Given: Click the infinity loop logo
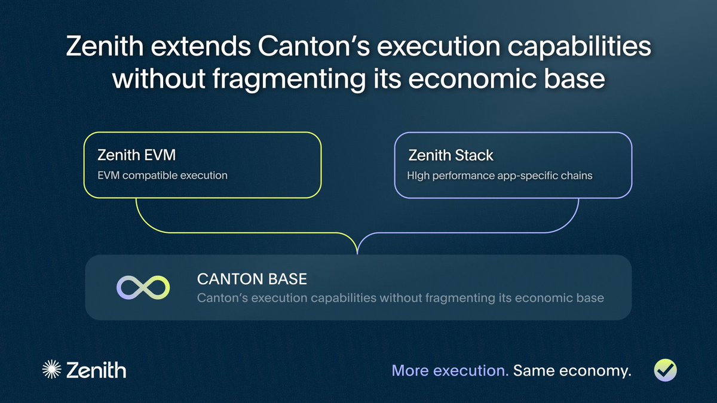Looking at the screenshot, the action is click(x=143, y=288).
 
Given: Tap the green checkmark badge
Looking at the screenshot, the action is click(x=665, y=370).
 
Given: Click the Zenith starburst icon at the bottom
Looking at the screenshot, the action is click(x=51, y=370).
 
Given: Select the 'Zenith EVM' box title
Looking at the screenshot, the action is click(x=137, y=155).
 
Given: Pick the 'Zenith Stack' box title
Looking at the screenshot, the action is click(x=451, y=155).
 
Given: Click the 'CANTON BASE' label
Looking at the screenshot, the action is click(x=252, y=279).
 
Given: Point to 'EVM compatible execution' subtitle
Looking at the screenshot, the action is click(x=163, y=176).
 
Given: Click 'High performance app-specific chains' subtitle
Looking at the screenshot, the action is click(x=500, y=176).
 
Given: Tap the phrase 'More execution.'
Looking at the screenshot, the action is click(x=450, y=371).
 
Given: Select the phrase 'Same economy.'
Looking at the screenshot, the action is click(x=572, y=371).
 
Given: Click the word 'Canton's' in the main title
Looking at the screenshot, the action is click(x=314, y=47).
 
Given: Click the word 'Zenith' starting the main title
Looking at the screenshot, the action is click(x=105, y=47).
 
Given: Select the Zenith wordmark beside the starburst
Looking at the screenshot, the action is click(x=96, y=370).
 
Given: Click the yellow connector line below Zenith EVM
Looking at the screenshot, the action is click(x=224, y=232).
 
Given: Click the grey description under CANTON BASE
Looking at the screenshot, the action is click(x=400, y=298).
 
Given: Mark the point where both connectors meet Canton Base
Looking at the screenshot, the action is click(x=357, y=254).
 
